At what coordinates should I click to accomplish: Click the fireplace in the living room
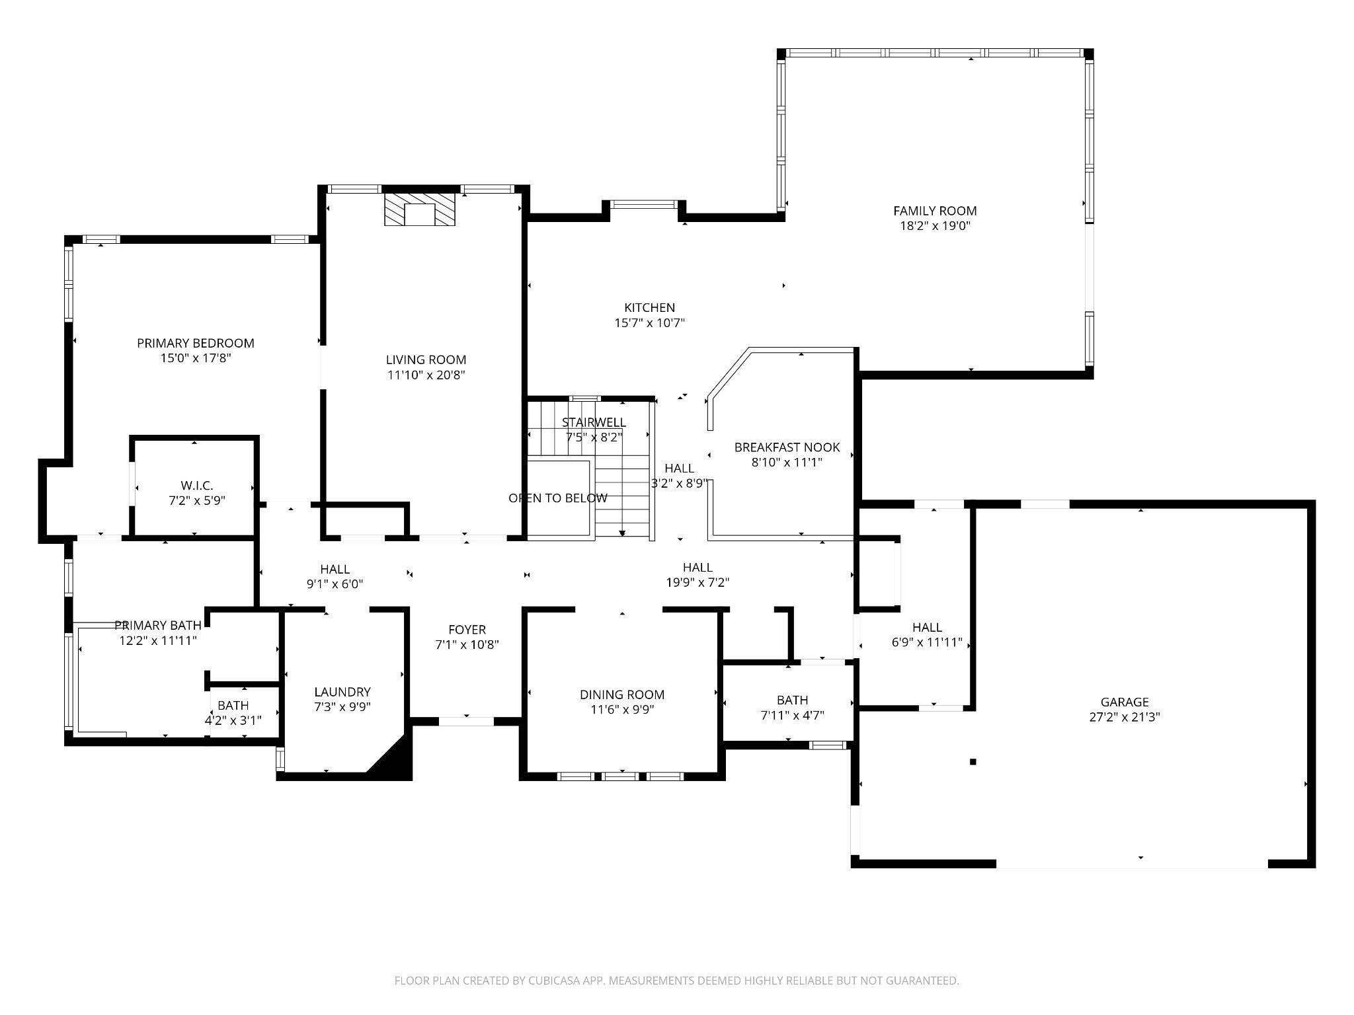[x=420, y=209]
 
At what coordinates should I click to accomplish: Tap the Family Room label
[x=935, y=211]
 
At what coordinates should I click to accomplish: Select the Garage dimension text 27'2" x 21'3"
[x=1125, y=717]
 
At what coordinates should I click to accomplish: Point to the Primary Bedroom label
[x=196, y=343]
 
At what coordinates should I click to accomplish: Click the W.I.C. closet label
[x=197, y=486]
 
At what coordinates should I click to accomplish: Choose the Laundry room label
[x=342, y=692]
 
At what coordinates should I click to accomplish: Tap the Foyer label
[x=467, y=630]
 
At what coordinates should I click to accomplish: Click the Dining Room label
[x=622, y=695]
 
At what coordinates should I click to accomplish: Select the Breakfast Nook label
[x=787, y=447]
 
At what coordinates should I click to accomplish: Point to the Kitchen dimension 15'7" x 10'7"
[x=649, y=323]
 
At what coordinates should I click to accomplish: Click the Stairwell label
[x=594, y=422]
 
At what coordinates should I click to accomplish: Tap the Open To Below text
[x=558, y=498]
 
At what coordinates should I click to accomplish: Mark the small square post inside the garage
[x=973, y=762]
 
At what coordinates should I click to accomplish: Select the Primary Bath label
[x=158, y=625]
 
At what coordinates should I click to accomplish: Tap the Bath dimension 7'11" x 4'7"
[x=792, y=715]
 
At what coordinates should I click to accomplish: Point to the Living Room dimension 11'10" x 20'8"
[x=426, y=375]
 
